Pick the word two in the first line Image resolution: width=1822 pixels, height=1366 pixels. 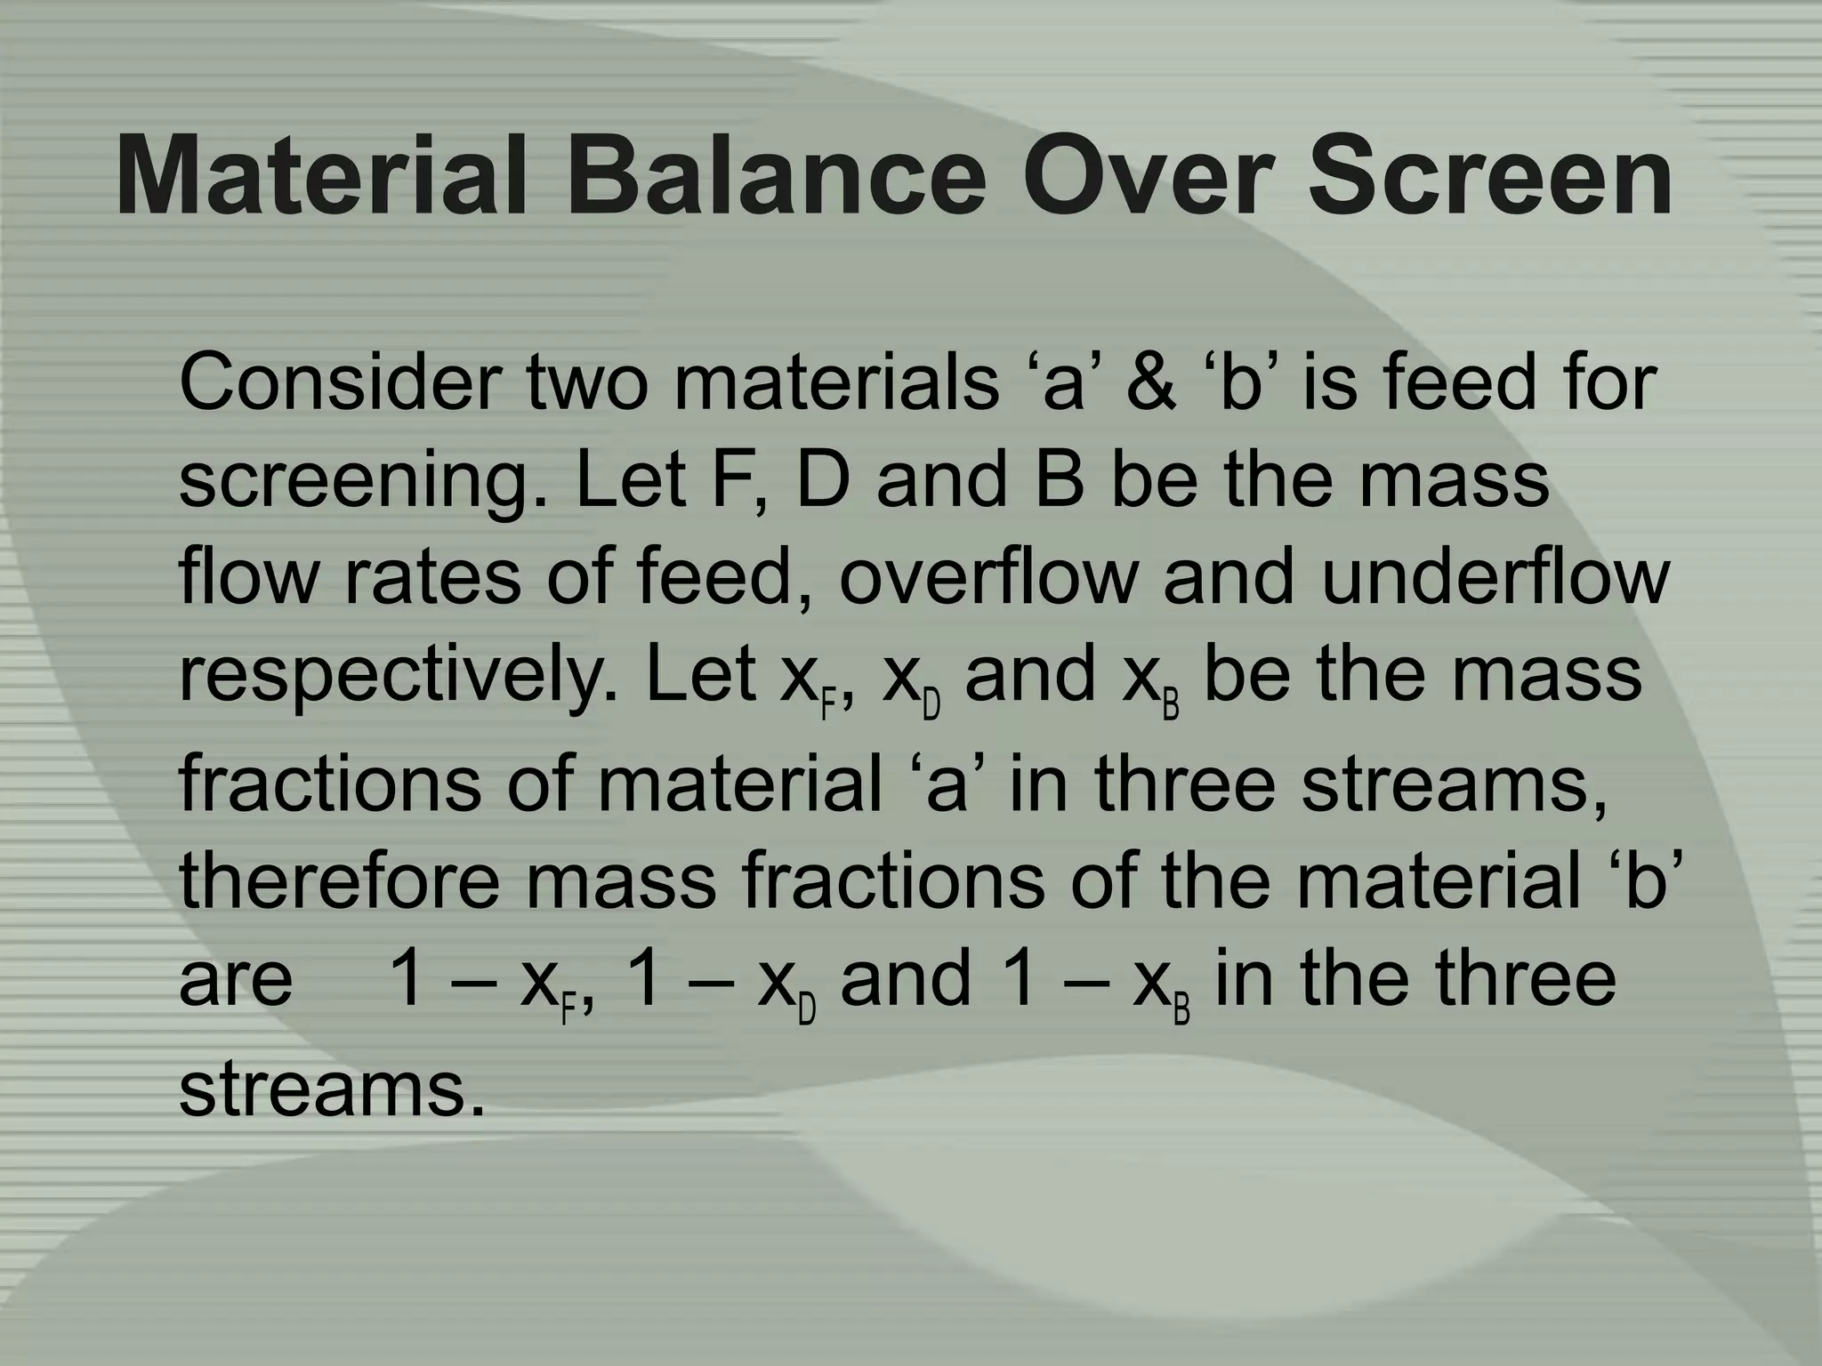click(586, 383)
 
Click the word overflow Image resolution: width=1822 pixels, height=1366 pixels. click(988, 578)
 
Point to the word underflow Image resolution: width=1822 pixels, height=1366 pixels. click(1495, 578)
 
